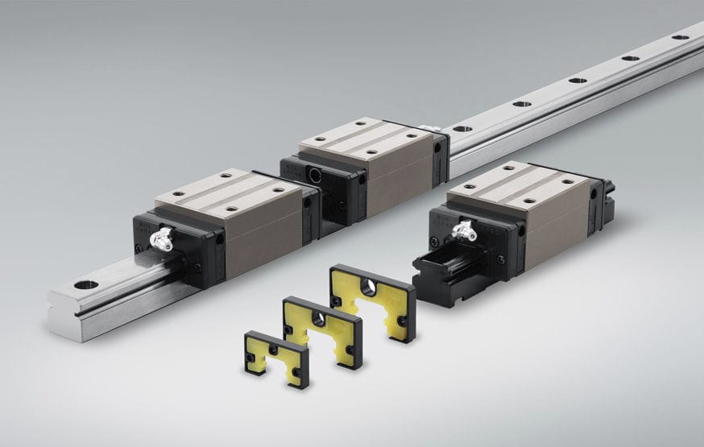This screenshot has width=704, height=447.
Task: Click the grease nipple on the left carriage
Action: [162, 238]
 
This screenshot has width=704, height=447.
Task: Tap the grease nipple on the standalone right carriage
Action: [463, 231]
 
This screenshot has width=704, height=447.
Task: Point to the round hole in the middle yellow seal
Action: [319, 320]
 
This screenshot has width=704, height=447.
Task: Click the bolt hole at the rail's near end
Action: [85, 284]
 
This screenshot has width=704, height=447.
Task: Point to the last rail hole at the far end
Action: [681, 36]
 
